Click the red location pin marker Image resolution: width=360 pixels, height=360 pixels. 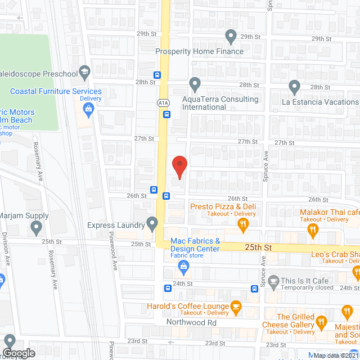pyautogui.click(x=178, y=165)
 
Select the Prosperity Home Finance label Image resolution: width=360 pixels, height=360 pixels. pyautogui.click(x=200, y=51)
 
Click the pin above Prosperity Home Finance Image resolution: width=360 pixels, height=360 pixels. pyautogui.click(x=231, y=37)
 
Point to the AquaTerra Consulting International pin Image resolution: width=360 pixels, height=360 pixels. pyautogui.click(x=195, y=85)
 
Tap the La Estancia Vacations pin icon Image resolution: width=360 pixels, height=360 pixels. pyautogui.click(x=294, y=87)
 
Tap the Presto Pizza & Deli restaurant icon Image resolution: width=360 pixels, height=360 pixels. pyautogui.click(x=243, y=225)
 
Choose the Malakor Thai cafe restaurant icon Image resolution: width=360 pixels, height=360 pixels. pyautogui.click(x=313, y=229)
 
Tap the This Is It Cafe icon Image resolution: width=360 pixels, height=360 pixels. pyautogui.click(x=274, y=280)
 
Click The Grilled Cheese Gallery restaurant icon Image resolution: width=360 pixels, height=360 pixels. pyautogui.click(x=321, y=322)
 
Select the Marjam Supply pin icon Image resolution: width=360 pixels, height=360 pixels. pyautogui.click(x=37, y=228)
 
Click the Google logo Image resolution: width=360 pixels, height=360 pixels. pyautogui.click(x=19, y=353)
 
